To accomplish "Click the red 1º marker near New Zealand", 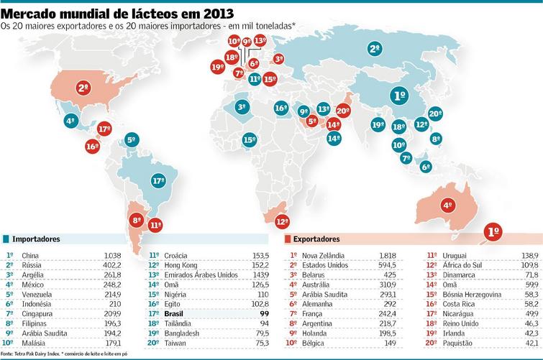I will [x=493, y=232].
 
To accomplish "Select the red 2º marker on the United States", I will [x=83, y=89].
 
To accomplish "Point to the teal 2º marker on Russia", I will [x=374, y=49].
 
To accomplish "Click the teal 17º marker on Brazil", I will [x=158, y=181].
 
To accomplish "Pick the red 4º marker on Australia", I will [x=447, y=205].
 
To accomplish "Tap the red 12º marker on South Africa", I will [x=282, y=221].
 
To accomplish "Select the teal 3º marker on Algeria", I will [x=242, y=107].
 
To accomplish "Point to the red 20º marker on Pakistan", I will [x=343, y=111].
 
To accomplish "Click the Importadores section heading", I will [x=36, y=239].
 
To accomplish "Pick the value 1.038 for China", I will [x=113, y=254].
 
